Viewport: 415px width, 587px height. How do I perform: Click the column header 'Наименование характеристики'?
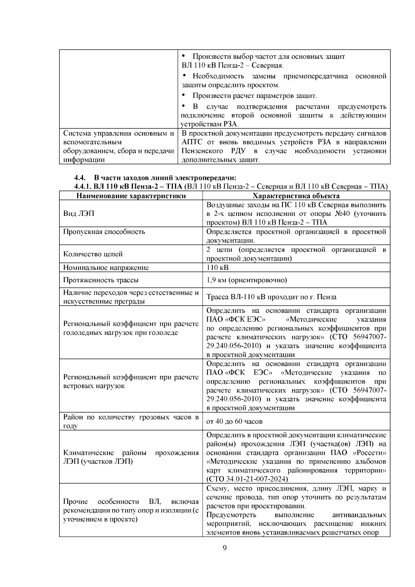(x=131, y=196)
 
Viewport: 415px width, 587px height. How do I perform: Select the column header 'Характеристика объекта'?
(x=296, y=196)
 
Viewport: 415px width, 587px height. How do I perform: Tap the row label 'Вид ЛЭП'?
(x=79, y=213)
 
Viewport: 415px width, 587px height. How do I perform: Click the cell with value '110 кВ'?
(x=218, y=267)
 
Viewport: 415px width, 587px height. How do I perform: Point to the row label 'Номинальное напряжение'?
(x=106, y=267)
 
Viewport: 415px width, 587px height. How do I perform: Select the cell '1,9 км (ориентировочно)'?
(x=247, y=280)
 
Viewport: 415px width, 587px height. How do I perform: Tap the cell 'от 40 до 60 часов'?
(x=234, y=421)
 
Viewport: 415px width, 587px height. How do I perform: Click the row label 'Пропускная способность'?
(x=104, y=231)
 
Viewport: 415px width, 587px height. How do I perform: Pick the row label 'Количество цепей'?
(x=93, y=254)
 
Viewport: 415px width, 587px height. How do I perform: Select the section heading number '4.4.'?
(x=80, y=178)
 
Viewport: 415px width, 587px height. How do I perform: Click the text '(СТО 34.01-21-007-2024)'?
(x=247, y=479)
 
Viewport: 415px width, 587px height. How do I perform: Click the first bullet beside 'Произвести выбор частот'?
(x=184, y=56)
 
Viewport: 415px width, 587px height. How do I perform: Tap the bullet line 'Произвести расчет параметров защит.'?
(x=255, y=96)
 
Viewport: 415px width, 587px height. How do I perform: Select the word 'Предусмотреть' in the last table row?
(x=227, y=515)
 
